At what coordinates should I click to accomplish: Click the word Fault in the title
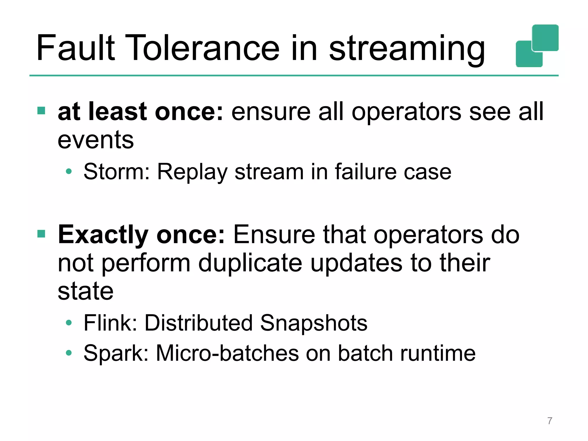(x=76, y=48)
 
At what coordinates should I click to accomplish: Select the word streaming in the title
(x=407, y=49)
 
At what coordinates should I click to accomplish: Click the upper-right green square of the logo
(x=545, y=37)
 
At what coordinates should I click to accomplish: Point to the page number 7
(x=550, y=421)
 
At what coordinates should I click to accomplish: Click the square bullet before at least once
(x=41, y=111)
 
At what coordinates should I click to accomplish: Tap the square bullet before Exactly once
(x=41, y=234)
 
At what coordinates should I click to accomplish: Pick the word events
(x=96, y=140)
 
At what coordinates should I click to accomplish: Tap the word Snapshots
(x=314, y=323)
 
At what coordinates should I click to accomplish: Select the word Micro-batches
(x=227, y=353)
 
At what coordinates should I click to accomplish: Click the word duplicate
(x=250, y=263)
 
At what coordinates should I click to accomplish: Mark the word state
(x=86, y=291)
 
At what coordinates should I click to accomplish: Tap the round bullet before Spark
(x=68, y=353)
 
